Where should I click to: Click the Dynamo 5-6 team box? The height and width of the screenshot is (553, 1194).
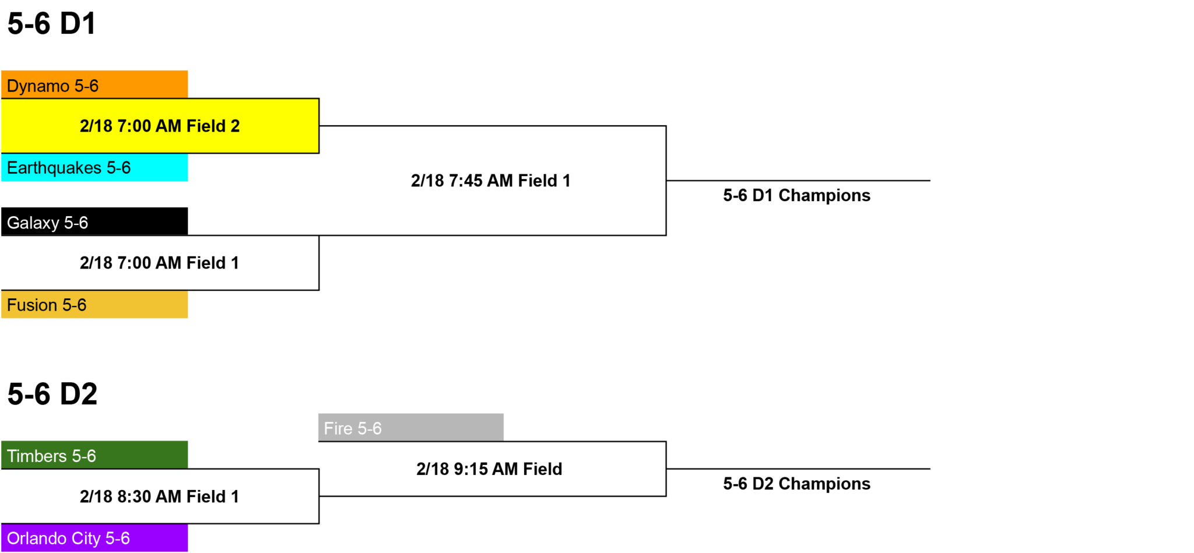point(94,84)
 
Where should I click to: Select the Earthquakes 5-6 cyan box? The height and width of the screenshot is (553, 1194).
point(94,168)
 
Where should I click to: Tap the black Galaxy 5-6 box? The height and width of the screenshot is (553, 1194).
point(94,221)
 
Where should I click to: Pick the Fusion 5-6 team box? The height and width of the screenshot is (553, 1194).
point(94,304)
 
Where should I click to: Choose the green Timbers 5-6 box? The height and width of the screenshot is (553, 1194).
point(94,455)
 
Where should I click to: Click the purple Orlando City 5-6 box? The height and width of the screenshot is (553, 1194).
point(94,538)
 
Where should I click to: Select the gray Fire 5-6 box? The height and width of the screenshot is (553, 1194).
point(411,428)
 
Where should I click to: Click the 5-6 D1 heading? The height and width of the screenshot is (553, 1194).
point(52,24)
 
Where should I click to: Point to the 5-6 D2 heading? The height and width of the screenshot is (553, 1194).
point(52,395)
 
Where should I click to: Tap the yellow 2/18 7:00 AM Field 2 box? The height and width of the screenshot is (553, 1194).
point(160,126)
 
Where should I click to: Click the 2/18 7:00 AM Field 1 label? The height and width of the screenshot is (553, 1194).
point(160,263)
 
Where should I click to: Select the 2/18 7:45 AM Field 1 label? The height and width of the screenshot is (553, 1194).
point(491,181)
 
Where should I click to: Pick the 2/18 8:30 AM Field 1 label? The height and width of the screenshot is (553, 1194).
point(160,496)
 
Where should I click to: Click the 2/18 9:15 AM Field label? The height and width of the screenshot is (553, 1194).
point(490,469)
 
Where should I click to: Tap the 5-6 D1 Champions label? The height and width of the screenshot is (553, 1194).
point(797,195)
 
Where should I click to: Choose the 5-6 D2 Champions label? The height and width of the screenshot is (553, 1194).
point(797,484)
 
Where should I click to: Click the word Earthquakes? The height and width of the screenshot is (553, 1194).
point(54,168)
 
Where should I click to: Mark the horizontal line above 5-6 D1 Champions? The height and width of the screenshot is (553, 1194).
point(798,181)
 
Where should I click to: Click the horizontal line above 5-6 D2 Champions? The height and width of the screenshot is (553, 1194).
point(798,469)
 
